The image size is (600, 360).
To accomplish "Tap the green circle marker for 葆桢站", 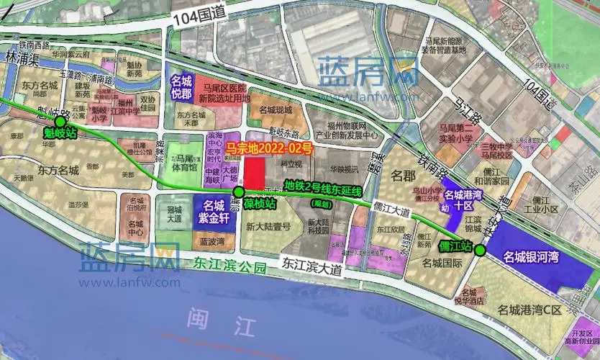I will tap(239, 192).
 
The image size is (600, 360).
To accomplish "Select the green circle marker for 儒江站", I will tap(479, 249).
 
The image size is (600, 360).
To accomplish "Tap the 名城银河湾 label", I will tap(532, 256).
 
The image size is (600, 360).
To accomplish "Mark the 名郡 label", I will tap(404, 175).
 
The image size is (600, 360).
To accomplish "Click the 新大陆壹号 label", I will tap(268, 226).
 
